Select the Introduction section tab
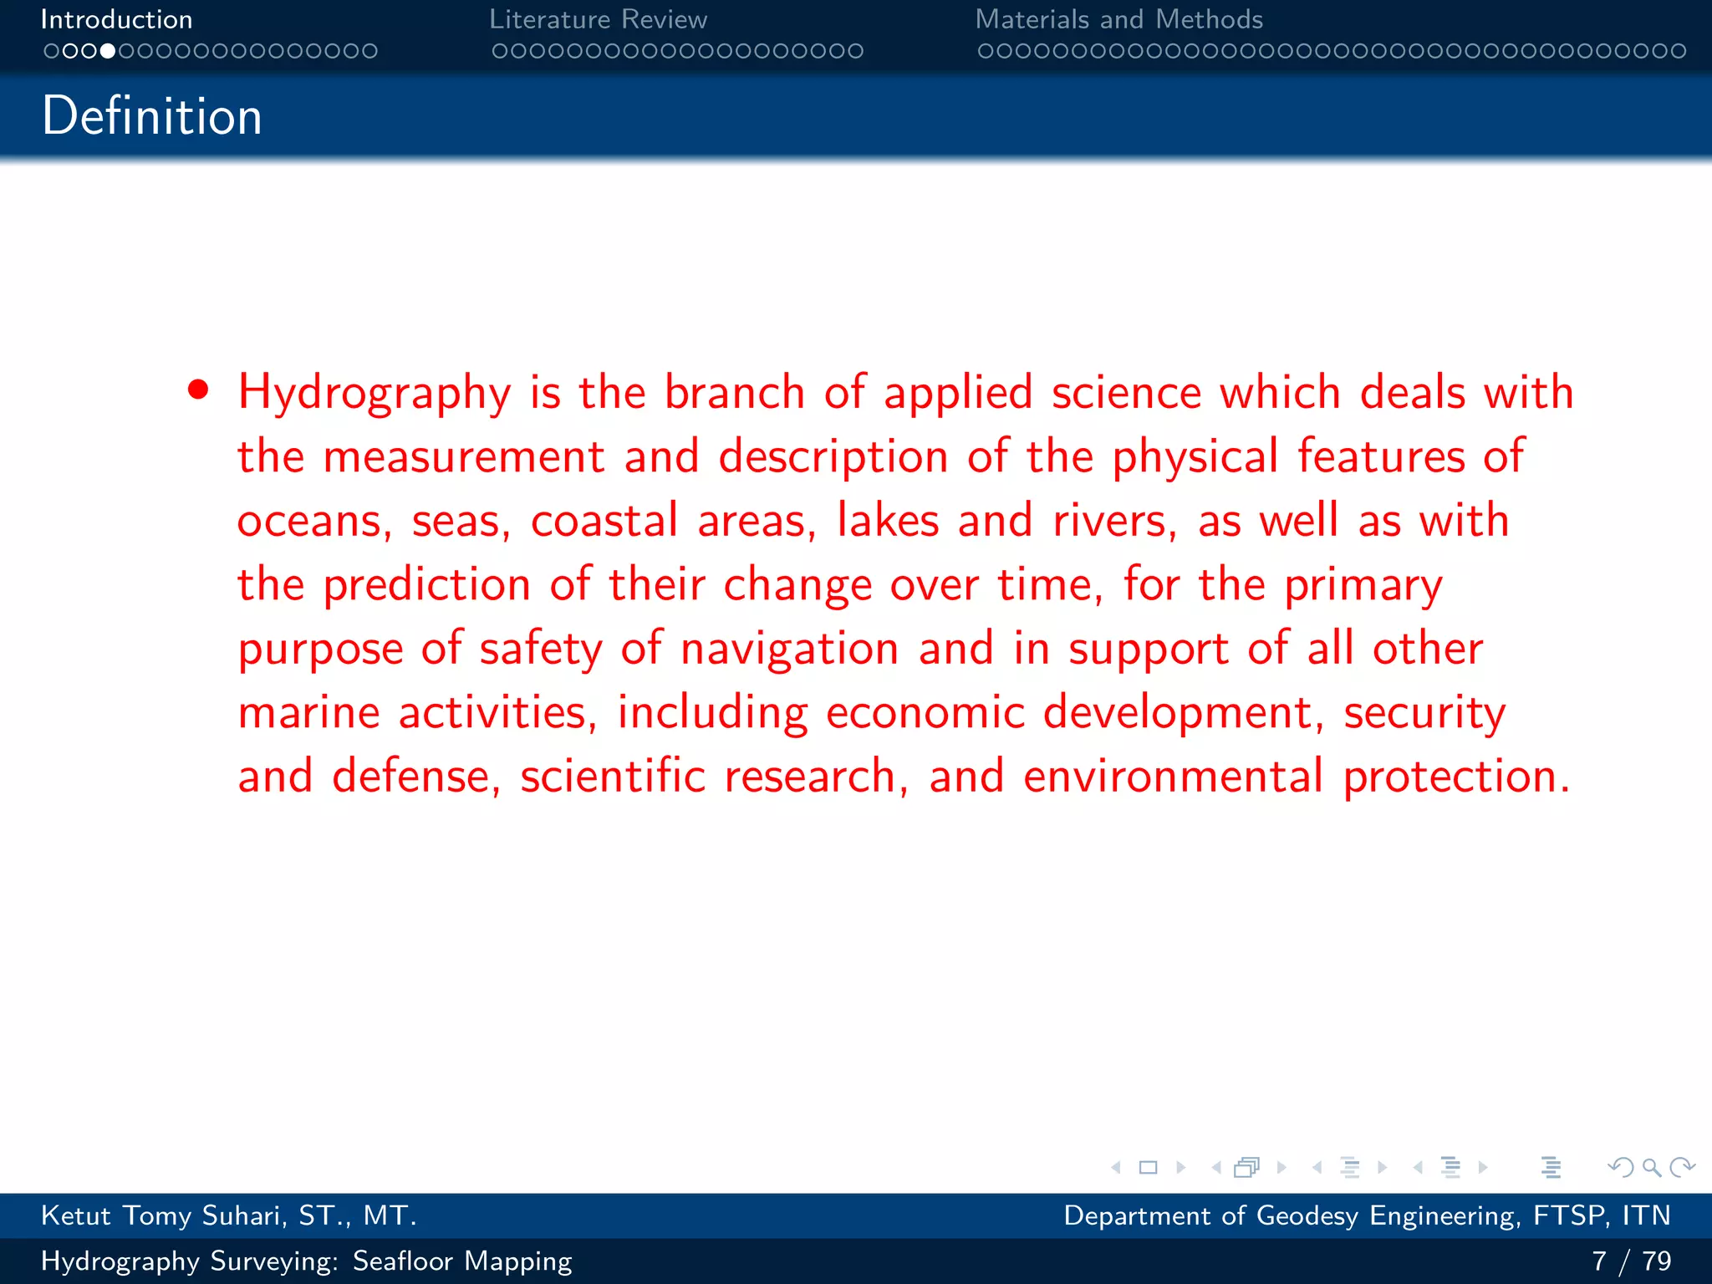(x=116, y=19)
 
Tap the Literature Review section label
(x=598, y=19)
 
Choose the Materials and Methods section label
(x=1118, y=19)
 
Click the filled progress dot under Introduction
(x=108, y=51)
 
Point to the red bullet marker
(x=198, y=390)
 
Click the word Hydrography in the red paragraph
(x=374, y=393)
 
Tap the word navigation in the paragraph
(x=789, y=649)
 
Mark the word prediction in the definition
(x=426, y=584)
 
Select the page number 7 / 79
(x=1631, y=1261)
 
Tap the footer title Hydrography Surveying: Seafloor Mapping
(x=306, y=1261)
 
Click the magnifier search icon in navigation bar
(x=1651, y=1167)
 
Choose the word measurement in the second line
(x=463, y=456)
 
